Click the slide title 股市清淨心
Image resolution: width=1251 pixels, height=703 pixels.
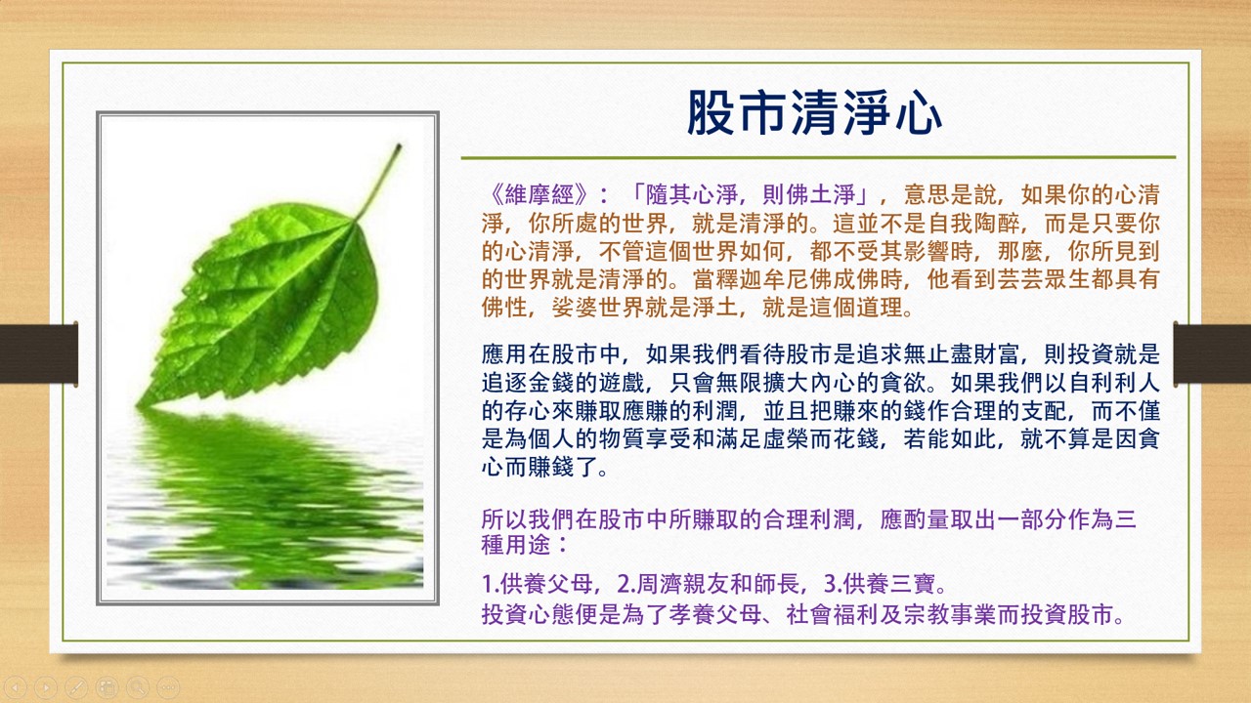(x=814, y=113)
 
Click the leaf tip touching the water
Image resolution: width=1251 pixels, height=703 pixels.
(x=148, y=400)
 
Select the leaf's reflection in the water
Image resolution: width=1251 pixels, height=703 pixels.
(x=264, y=488)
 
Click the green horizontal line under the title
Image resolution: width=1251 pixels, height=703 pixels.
(x=817, y=156)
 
